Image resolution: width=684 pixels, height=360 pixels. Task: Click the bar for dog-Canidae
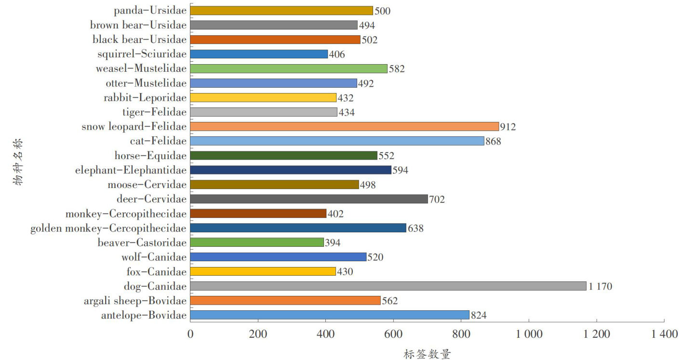click(x=388, y=286)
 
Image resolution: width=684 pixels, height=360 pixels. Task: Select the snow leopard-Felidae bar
click(x=344, y=126)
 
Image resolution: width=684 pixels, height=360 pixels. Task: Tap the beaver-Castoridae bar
click(x=257, y=242)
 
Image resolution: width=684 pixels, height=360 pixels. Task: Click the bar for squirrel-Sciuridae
click(x=259, y=54)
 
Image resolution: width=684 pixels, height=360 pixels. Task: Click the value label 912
click(x=508, y=127)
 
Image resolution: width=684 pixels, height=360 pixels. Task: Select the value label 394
click(x=333, y=243)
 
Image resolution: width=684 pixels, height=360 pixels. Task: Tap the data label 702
click(x=437, y=199)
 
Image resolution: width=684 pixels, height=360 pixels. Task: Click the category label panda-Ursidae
click(x=150, y=10)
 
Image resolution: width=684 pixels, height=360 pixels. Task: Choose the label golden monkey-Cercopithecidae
click(x=108, y=228)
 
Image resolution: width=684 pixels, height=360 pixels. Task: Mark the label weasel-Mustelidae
click(x=141, y=68)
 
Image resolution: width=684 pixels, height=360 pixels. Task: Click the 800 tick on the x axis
click(x=461, y=334)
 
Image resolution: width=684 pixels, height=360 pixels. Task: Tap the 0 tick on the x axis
click(x=190, y=334)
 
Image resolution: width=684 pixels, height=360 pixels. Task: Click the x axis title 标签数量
click(x=427, y=354)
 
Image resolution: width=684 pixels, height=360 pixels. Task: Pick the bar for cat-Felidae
click(x=337, y=141)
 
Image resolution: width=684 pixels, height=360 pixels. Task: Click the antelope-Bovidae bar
click(x=330, y=315)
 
